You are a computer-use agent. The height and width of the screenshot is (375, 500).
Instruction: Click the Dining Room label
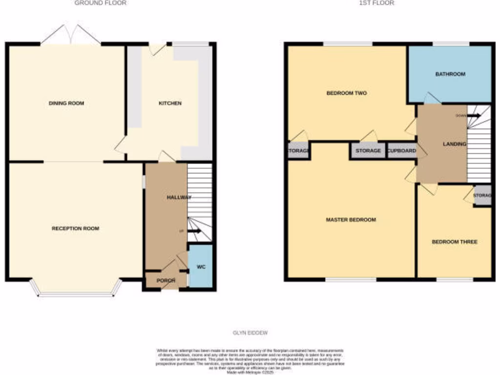coord(66,104)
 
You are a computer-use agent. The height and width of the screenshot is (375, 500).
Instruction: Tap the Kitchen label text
coord(170,104)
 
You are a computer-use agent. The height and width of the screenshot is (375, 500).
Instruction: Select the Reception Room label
coord(75,229)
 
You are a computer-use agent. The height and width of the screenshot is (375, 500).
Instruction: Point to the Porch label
coord(166,281)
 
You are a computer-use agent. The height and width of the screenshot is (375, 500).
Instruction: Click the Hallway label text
coord(179,197)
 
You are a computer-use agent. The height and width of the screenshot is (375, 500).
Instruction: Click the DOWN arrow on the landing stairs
coord(474,116)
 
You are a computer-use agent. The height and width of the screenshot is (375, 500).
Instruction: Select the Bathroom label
coord(450,74)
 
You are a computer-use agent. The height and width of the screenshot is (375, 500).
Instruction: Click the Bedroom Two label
coord(346,93)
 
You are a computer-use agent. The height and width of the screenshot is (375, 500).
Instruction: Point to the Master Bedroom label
coord(351,220)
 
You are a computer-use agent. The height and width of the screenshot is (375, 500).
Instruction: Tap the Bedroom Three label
coord(454,242)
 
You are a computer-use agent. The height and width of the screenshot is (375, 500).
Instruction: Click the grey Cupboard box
coord(401,151)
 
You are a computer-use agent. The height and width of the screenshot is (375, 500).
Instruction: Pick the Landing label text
coord(454,144)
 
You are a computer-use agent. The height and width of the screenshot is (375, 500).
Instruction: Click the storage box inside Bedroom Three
coord(483,196)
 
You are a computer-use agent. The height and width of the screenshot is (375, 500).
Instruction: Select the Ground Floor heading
coord(100,3)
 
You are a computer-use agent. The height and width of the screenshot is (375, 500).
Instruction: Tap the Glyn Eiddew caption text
coord(250,333)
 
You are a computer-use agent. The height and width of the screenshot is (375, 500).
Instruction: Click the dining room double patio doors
coord(71,35)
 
